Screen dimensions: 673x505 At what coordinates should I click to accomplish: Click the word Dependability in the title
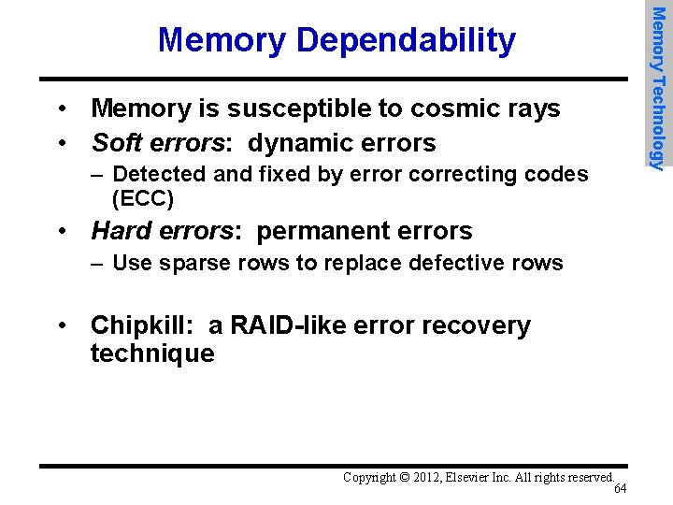point(406,40)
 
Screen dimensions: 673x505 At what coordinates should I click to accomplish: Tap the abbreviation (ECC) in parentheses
point(142,198)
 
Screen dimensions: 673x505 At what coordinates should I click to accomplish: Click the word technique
point(152,353)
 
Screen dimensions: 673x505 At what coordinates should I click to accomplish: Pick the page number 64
point(621,489)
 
